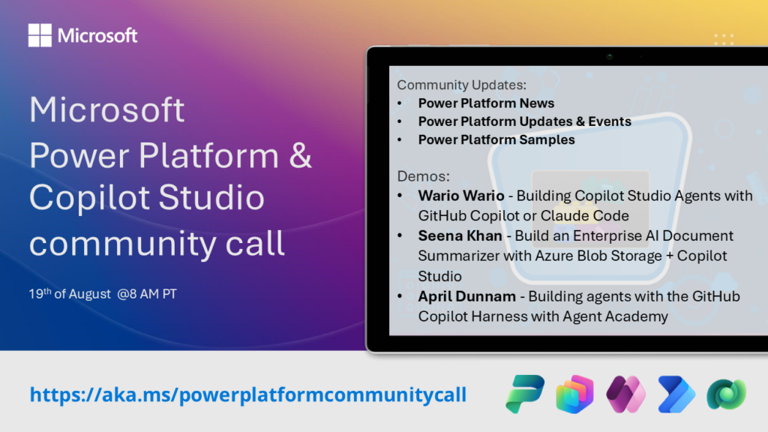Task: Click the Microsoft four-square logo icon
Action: [40, 35]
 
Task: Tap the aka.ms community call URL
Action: [247, 394]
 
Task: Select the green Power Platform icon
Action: [525, 394]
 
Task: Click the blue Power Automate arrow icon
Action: [676, 394]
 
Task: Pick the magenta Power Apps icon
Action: [625, 394]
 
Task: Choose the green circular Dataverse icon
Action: [726, 394]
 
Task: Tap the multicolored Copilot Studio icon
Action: [575, 394]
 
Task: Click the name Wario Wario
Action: [461, 196]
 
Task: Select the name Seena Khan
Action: [460, 236]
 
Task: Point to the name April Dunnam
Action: [466, 297]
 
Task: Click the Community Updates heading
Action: [461, 85]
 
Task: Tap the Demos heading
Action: [423, 176]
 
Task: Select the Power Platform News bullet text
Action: [486, 103]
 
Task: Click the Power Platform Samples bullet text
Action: [496, 140]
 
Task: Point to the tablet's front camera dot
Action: [609, 57]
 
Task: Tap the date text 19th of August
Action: [70, 294]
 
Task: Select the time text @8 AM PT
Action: [147, 294]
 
